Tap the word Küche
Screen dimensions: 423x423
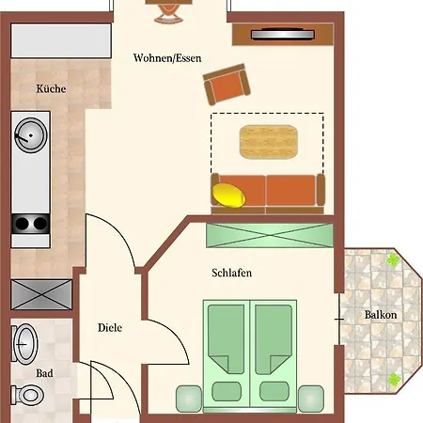coord(50,89)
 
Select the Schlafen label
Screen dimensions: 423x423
coord(231,273)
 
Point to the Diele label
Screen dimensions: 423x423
coord(111,328)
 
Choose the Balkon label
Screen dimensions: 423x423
coord(380,315)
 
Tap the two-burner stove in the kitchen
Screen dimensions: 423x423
coord(30,224)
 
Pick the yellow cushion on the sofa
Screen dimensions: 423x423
coord(230,195)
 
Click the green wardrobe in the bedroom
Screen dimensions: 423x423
coord(269,233)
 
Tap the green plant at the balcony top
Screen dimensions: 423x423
coord(393,260)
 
